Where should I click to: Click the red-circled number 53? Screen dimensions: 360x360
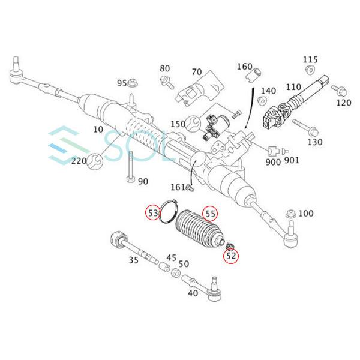click(154, 213)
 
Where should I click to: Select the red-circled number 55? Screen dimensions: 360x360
click(210, 213)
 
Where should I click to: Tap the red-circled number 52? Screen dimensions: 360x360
click(232, 256)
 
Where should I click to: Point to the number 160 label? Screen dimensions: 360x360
click(244, 66)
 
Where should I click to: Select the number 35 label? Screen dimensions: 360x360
click(133, 260)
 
